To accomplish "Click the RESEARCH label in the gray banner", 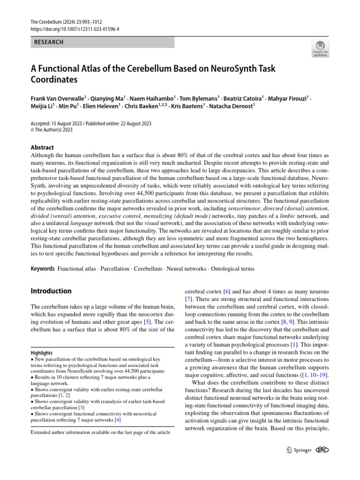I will (x=49, y=42).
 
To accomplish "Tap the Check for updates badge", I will (x=320, y=49).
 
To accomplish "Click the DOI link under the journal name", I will (x=75, y=29).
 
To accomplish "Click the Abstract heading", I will (x=42, y=147).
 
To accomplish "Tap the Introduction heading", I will (x=51, y=291).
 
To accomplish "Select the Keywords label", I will (x=43, y=269).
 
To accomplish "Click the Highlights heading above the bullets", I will (x=42, y=352).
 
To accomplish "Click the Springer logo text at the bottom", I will (x=302, y=450).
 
